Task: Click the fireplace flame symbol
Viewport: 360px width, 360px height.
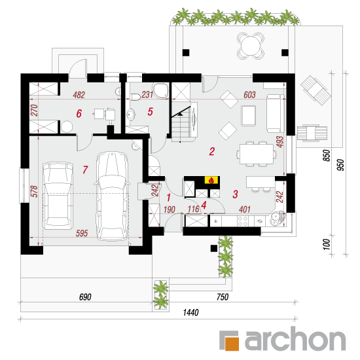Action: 211,180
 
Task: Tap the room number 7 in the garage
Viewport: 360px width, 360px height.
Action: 85,170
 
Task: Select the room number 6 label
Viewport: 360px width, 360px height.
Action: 79,113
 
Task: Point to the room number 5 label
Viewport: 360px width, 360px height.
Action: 150,111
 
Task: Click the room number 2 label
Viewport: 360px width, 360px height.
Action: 211,151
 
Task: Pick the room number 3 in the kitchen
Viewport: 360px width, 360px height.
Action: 235,194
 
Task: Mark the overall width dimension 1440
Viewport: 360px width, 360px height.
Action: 190,312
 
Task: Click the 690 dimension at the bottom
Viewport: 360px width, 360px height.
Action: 85,297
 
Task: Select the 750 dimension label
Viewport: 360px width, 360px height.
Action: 223,297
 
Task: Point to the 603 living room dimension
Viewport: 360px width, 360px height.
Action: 249,95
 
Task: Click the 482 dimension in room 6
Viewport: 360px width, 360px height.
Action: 79,95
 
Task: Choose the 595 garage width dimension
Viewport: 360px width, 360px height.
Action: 82,233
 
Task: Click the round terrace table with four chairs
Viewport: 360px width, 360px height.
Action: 251,46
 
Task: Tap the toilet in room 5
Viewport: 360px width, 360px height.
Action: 135,97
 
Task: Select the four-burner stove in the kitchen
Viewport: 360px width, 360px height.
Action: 243,221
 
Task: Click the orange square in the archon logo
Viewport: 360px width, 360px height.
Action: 232,344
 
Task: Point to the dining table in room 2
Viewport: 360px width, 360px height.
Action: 257,154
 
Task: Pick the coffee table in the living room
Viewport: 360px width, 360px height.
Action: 249,116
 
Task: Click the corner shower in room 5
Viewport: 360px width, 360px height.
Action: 161,91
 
